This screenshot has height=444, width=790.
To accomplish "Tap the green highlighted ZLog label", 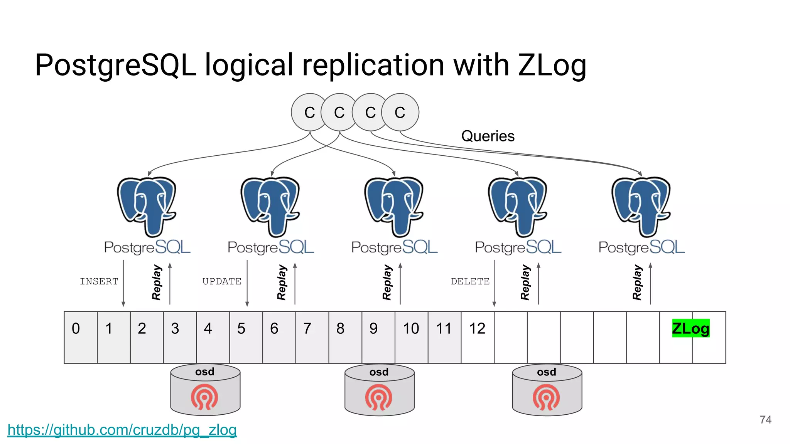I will (x=690, y=328).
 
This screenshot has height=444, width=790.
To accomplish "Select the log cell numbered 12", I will (x=477, y=337).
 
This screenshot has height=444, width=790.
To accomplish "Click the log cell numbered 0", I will (x=80, y=337).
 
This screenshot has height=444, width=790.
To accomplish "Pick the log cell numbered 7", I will (x=312, y=337).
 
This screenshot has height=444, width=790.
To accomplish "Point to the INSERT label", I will (x=99, y=281).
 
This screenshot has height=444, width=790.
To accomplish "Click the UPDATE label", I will (x=222, y=281).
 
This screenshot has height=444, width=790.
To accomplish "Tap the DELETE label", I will (x=470, y=281).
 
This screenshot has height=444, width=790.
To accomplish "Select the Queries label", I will (x=488, y=136).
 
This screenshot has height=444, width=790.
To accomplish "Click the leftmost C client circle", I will (x=307, y=112).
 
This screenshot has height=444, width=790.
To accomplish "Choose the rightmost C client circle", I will (x=401, y=112).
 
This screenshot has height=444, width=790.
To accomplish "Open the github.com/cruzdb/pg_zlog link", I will (x=122, y=430).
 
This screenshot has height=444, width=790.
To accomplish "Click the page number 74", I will (x=765, y=419).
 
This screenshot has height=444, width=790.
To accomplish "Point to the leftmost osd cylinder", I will (x=205, y=390).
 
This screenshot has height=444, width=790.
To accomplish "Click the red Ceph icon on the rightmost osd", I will (x=546, y=397).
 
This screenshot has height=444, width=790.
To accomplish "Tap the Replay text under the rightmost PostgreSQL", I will (x=637, y=282).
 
